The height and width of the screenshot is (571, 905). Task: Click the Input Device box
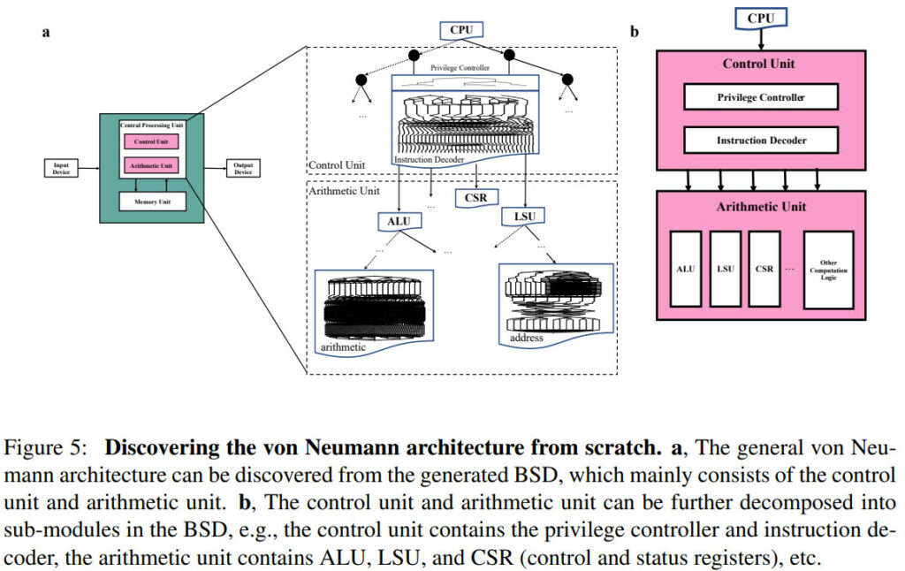click(61, 168)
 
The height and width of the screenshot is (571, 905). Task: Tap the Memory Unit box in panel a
click(151, 202)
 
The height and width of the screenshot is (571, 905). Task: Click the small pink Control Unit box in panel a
click(151, 141)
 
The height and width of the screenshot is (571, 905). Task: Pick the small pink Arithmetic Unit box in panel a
click(151, 165)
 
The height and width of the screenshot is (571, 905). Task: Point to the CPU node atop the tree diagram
click(461, 30)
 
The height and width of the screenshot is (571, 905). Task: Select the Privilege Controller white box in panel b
click(760, 97)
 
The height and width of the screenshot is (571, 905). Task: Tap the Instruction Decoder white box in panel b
click(760, 140)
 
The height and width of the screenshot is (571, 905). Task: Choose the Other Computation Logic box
click(828, 270)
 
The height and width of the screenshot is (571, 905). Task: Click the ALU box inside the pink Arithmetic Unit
click(686, 269)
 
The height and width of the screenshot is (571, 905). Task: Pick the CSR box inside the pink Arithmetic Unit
click(763, 269)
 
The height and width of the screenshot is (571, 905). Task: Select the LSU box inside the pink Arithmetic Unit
click(725, 269)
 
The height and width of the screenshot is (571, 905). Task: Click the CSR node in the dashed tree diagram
click(475, 198)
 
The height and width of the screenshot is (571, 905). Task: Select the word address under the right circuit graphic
click(527, 338)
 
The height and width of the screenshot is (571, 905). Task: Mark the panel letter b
click(634, 33)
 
